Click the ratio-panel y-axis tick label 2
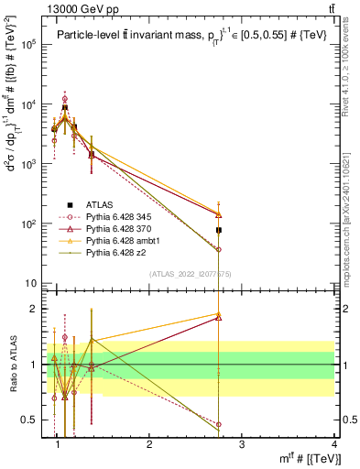coord(36,309)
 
